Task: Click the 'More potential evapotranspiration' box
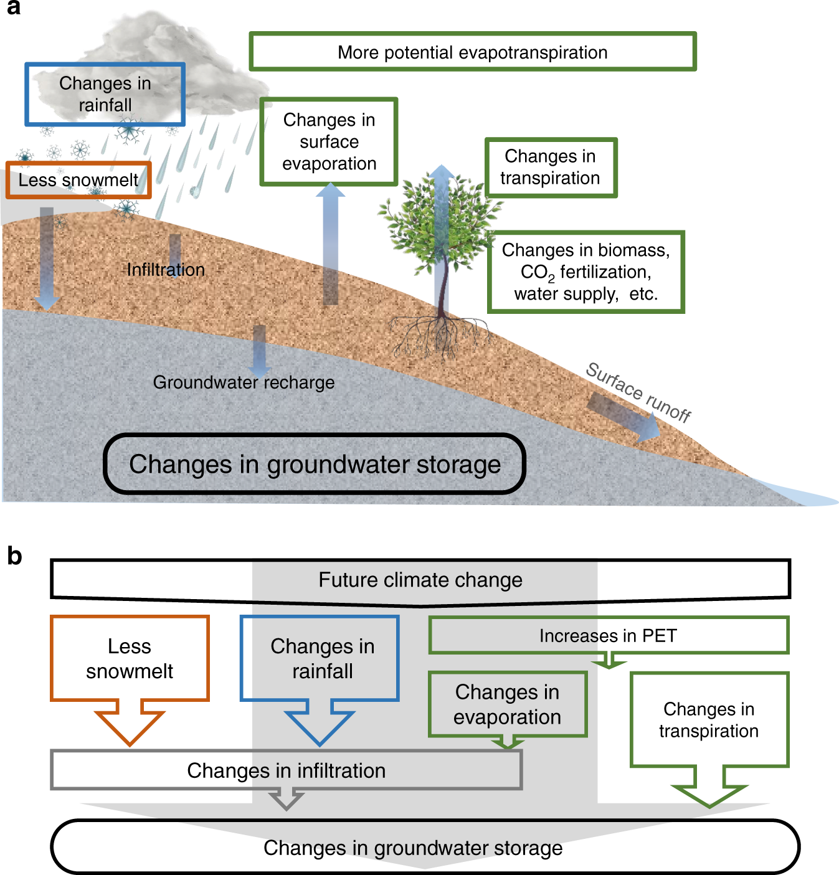coord(472,52)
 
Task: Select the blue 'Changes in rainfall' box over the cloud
coord(105,94)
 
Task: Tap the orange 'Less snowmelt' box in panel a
coord(78,180)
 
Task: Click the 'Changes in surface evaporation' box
coord(329,141)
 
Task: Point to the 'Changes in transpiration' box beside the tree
coord(551,167)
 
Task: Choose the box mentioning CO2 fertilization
coord(585,272)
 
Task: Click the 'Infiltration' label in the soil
coord(166,270)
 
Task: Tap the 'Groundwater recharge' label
coord(244,382)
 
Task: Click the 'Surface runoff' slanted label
coord(638,392)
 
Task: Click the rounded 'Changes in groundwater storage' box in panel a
coord(315,464)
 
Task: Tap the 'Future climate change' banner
coord(420,580)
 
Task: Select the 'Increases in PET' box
coord(608,635)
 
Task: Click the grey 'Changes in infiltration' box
coord(286,770)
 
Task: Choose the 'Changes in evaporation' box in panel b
coord(507,704)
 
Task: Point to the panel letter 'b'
coord(14,556)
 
